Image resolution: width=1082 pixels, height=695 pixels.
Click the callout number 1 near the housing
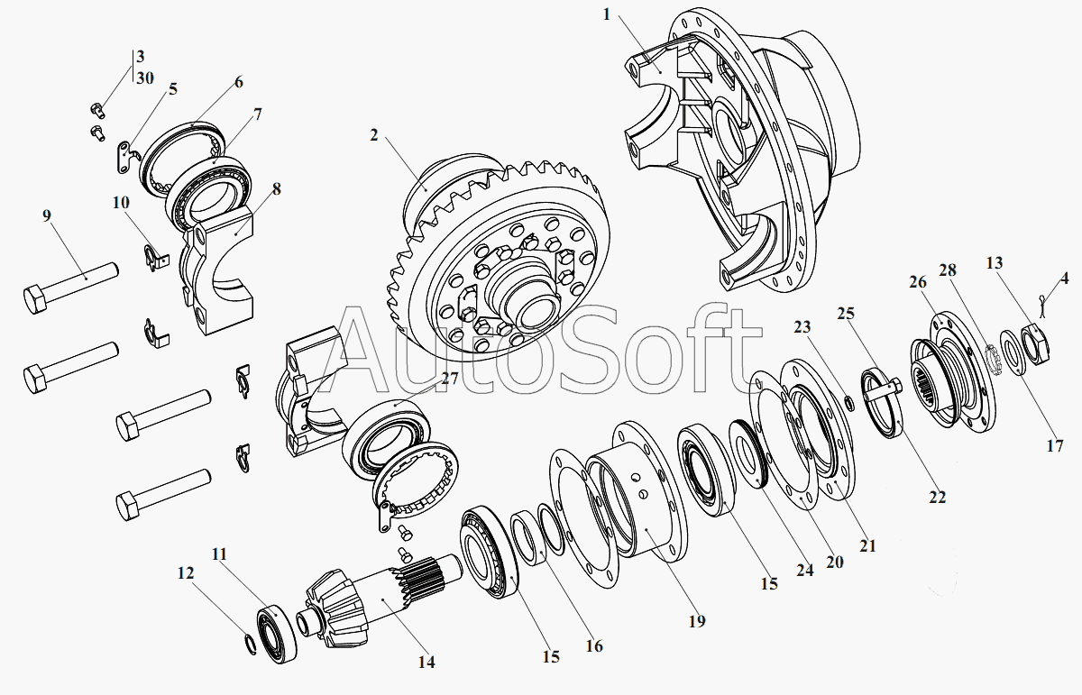pos(607,15)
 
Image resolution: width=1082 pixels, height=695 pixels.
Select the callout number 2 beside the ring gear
pos(374,135)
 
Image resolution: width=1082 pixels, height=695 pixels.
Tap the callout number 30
pos(145,78)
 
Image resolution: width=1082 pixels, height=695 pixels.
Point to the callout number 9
pos(46,215)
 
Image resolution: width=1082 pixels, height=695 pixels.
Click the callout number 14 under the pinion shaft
pos(426,663)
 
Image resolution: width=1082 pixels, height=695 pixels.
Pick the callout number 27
pos(450,379)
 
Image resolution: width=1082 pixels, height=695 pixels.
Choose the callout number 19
pos(697,621)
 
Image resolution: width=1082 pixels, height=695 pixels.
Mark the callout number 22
pos(937,497)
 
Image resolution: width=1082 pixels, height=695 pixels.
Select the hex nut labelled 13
pos(1037,344)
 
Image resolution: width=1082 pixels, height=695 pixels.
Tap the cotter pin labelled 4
pos(1042,306)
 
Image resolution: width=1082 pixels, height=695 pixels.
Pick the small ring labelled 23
pos(848,403)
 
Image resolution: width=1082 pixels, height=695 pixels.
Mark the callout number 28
pos(948,270)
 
